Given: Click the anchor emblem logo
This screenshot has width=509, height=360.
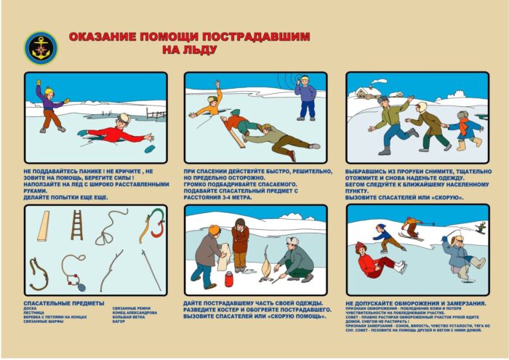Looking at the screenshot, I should click(38, 47).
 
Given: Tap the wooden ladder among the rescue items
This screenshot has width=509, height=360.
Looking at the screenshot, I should click(76, 225).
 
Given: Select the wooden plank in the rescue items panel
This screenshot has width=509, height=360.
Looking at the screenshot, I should click(44, 226).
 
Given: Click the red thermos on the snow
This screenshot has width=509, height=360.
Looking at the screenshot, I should click(229, 279).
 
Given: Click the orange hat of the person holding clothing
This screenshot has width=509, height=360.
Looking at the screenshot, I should click(215, 230).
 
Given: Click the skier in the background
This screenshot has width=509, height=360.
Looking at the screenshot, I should click(412, 228).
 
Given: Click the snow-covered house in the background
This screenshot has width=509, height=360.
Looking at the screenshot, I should click(365, 92).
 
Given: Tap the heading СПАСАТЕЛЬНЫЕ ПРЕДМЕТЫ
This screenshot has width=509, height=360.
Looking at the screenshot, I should click(64, 302).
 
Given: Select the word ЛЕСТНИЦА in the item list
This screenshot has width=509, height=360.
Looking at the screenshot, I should click(33, 313).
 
